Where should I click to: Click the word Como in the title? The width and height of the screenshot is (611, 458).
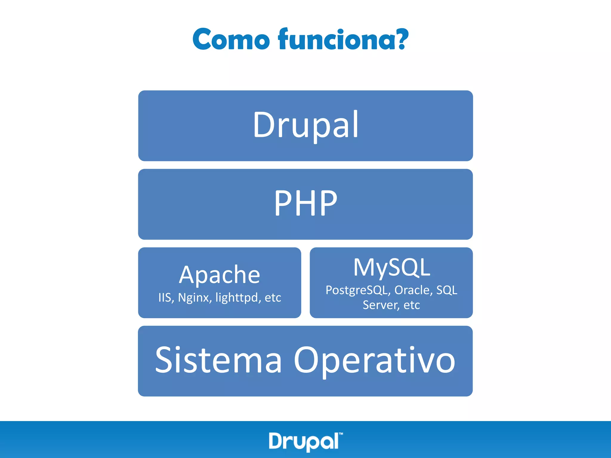231,39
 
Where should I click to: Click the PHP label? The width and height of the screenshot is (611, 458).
305,203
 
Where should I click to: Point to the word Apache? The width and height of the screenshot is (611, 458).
220,275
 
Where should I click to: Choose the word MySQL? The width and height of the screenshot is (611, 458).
391,267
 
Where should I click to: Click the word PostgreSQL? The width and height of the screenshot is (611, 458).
358,290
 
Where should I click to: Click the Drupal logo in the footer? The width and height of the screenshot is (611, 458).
304,441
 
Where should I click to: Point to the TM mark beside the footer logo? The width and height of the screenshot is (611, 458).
341,434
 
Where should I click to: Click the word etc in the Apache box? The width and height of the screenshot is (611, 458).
273,298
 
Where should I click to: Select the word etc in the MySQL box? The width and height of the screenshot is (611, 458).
412,305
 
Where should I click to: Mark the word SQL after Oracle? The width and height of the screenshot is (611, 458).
447,290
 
